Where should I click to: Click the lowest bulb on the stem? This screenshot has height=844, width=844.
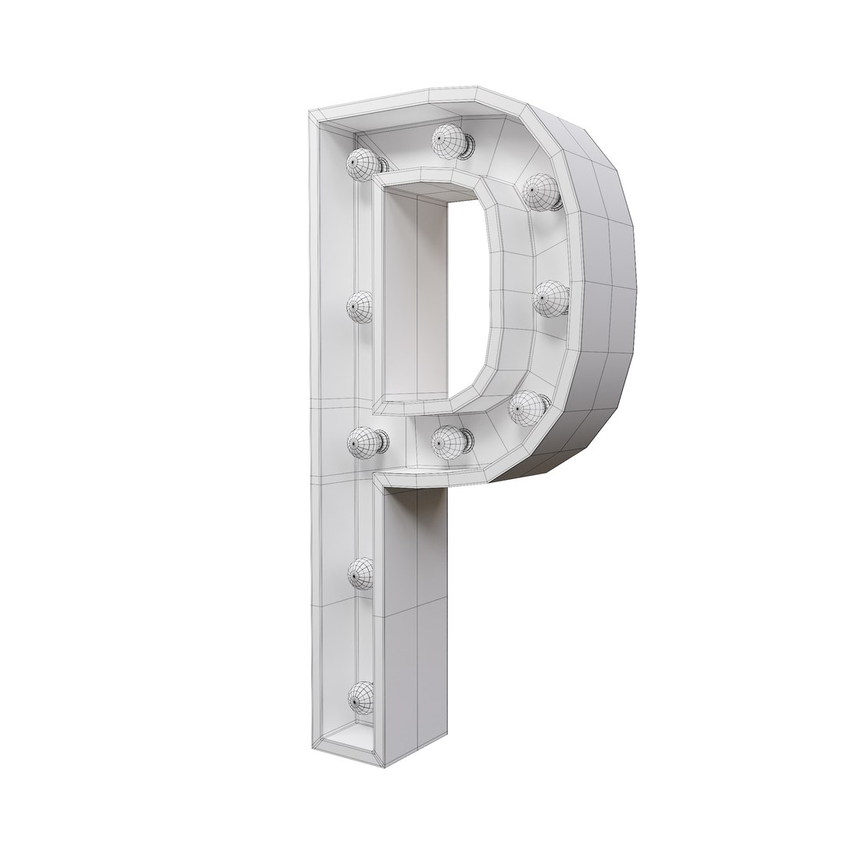[x=361, y=695]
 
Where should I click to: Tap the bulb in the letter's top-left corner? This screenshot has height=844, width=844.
[x=364, y=164]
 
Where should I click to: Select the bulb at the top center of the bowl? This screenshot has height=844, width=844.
[x=449, y=140]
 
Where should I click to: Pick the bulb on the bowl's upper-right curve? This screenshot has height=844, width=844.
[x=540, y=191]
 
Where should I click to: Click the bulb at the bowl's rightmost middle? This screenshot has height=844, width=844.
[x=551, y=298]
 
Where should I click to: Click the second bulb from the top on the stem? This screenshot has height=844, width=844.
[x=360, y=306]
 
